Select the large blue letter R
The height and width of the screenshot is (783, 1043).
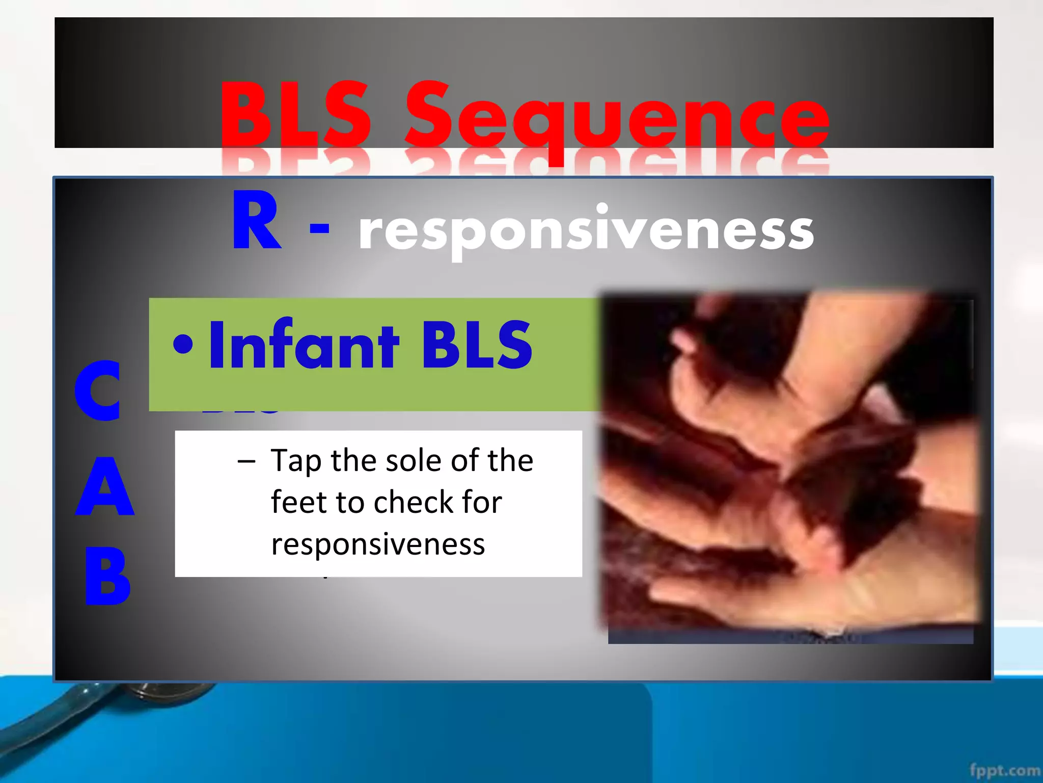[256, 221]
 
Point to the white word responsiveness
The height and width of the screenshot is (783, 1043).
[586, 230]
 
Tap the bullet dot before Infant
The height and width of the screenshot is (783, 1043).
[183, 344]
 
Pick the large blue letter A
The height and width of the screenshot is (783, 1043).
[104, 486]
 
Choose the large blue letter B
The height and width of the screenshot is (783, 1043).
[107, 576]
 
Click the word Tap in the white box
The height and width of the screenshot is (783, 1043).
[296, 461]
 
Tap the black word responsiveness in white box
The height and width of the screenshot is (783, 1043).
[378, 544]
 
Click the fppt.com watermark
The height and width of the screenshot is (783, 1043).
[1004, 770]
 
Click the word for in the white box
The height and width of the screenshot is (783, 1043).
[482, 502]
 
